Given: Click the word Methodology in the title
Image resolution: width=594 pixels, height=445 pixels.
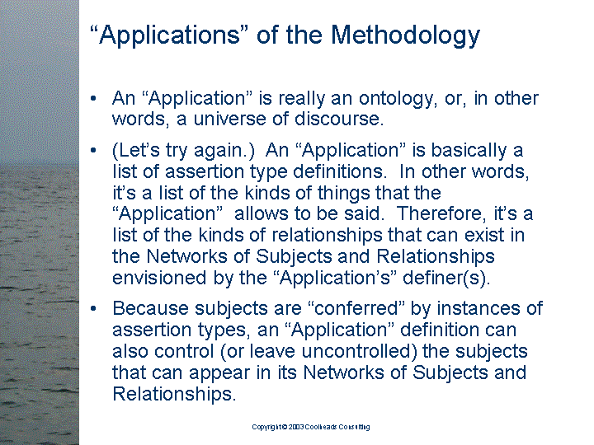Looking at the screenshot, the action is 405,36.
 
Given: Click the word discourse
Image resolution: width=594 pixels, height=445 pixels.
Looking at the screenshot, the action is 339,119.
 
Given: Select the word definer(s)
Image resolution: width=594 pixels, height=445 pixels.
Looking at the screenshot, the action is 446,279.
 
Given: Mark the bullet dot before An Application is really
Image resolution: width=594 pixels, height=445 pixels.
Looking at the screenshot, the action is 93,99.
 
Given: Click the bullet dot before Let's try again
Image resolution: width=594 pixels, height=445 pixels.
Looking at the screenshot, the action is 93,151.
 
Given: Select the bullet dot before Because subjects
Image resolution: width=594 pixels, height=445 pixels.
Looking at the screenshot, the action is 93,308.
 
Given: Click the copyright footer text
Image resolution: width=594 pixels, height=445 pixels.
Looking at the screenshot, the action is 311,427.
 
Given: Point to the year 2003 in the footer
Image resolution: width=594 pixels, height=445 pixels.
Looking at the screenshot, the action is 296,427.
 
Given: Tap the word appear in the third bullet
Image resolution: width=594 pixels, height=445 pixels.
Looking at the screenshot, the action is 219,373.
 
